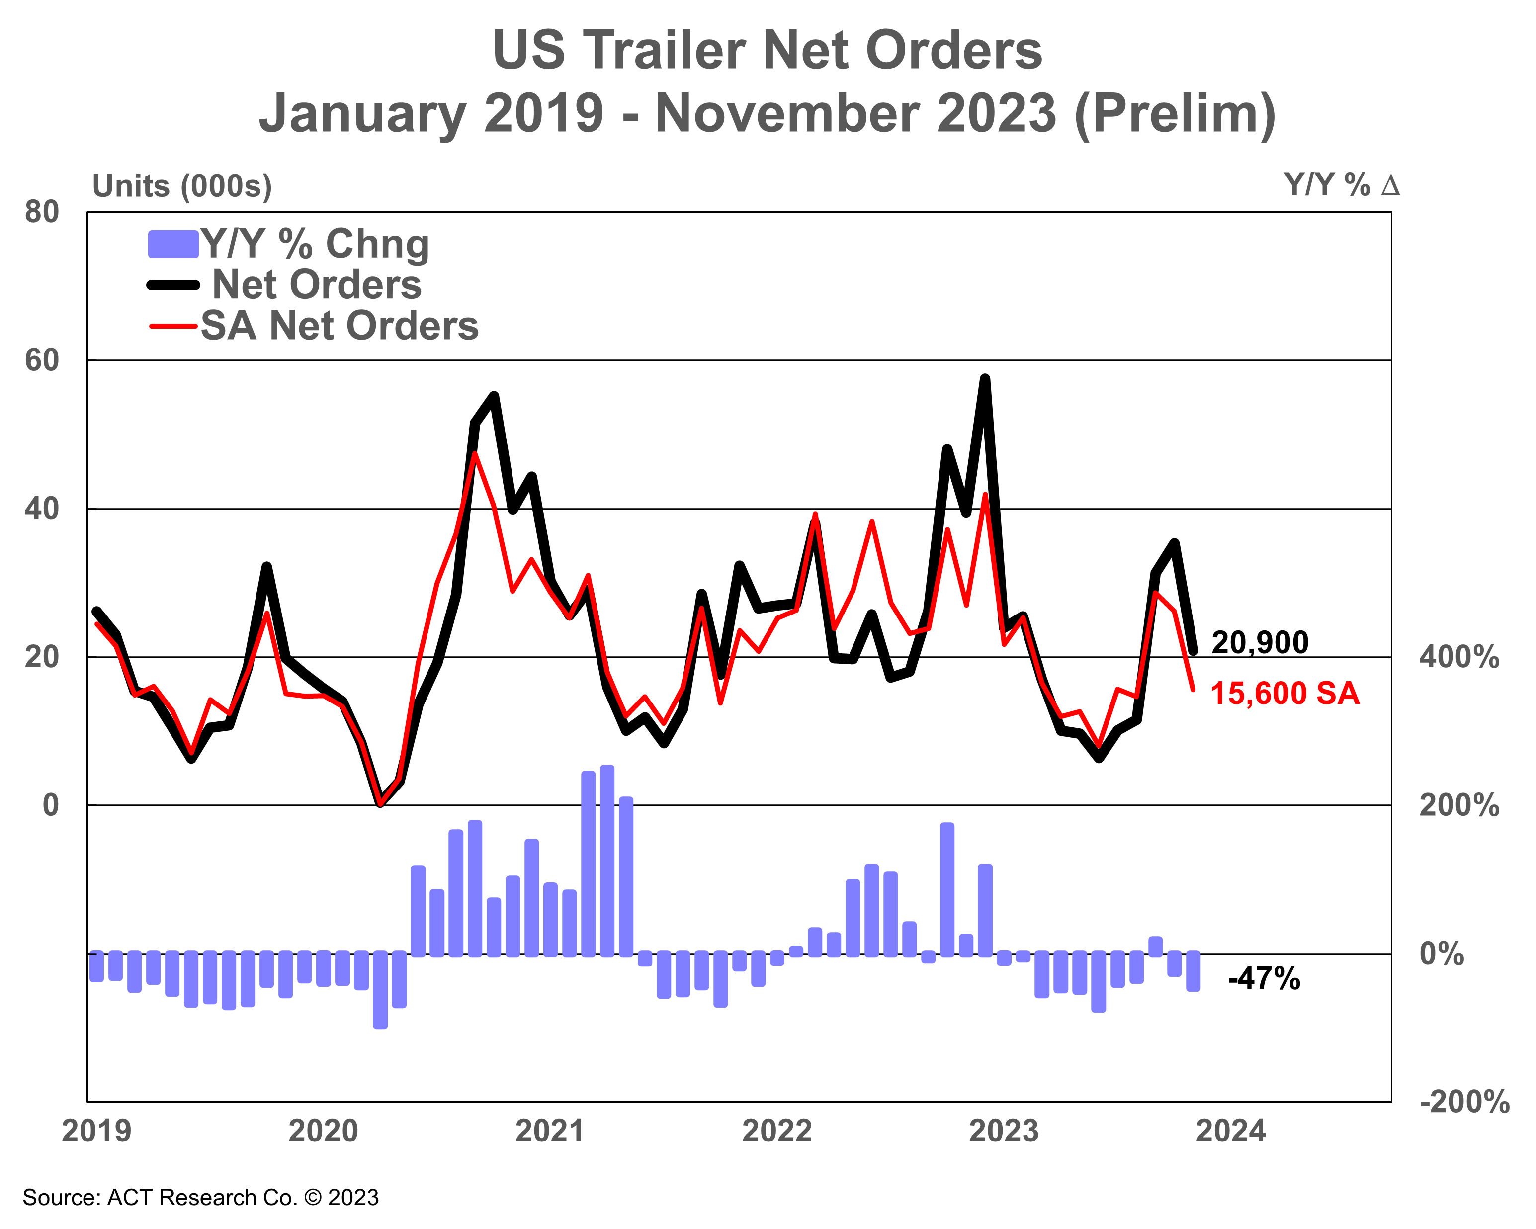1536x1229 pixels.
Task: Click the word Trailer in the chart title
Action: [667, 51]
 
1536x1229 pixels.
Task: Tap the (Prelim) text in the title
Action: [1174, 114]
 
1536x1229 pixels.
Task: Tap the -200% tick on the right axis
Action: [1464, 1102]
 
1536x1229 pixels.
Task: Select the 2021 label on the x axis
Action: [549, 1132]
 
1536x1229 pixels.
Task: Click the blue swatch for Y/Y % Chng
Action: [172, 245]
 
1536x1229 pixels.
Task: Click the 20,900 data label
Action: [1260, 643]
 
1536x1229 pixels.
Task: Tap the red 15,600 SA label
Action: [1284, 693]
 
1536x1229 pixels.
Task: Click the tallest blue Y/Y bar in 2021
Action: [607, 861]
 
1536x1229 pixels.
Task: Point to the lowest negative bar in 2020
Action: [380, 990]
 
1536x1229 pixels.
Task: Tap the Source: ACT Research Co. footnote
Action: [200, 1198]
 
